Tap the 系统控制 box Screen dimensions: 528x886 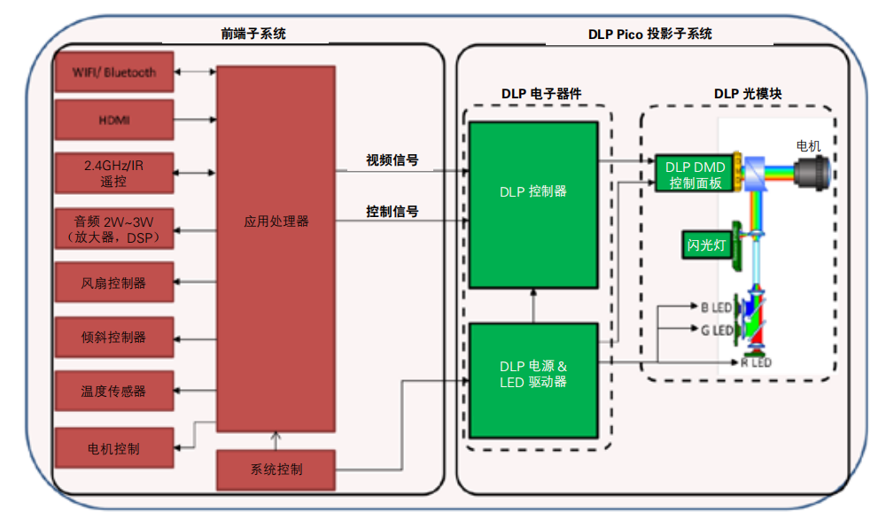[276, 470]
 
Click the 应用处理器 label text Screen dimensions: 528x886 [276, 221]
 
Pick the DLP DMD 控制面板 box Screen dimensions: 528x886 [695, 175]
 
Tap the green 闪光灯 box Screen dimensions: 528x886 [706, 244]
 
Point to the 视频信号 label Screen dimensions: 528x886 [392, 160]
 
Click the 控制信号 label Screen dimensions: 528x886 [392, 212]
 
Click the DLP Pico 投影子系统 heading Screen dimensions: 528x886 [649, 34]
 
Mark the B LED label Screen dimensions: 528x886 [716, 308]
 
